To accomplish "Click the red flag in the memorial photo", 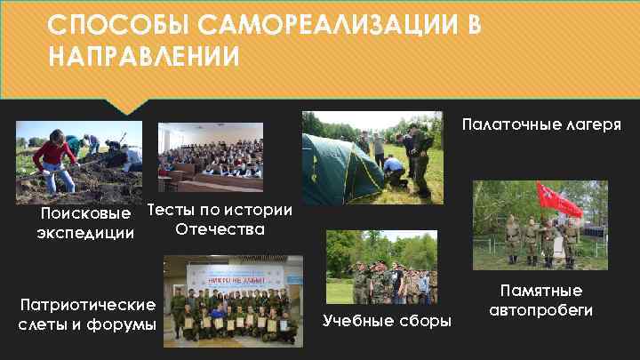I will pyautogui.click(x=557, y=200).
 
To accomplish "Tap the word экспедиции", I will pyautogui.click(x=86, y=234).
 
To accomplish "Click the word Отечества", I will pyautogui.click(x=220, y=229).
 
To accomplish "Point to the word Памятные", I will pyautogui.click(x=541, y=291).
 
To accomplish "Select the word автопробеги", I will pyautogui.click(x=541, y=310).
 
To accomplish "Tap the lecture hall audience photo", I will pyautogui.click(x=211, y=156).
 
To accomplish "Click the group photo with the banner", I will pyautogui.click(x=233, y=300).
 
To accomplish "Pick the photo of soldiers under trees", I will pyautogui.click(x=381, y=268).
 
